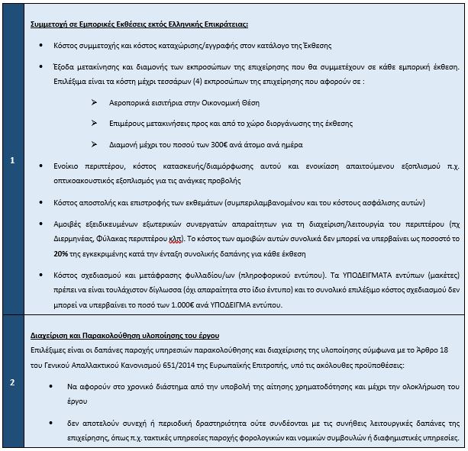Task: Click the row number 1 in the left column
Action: [12, 161]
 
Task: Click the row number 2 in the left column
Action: [12, 382]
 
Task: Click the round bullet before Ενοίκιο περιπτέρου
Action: [40, 166]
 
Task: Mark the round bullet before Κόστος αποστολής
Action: [40, 202]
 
